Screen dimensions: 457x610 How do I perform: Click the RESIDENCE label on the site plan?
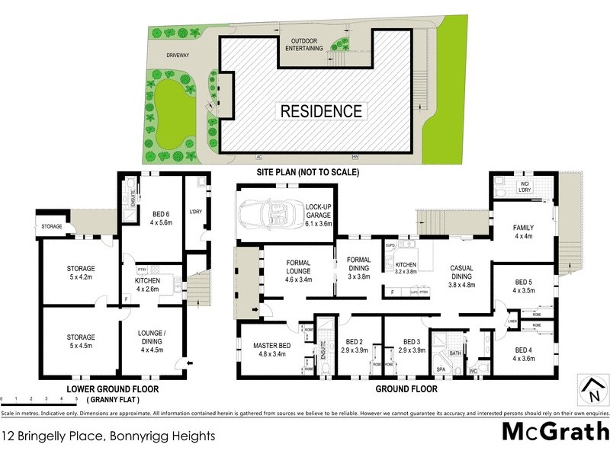click(321, 110)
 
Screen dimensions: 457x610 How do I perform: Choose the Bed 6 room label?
click(160, 217)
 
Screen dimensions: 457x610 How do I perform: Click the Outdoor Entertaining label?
click(304, 43)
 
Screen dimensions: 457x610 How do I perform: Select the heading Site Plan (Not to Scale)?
click(307, 172)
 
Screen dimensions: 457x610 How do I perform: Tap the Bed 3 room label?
click(413, 345)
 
